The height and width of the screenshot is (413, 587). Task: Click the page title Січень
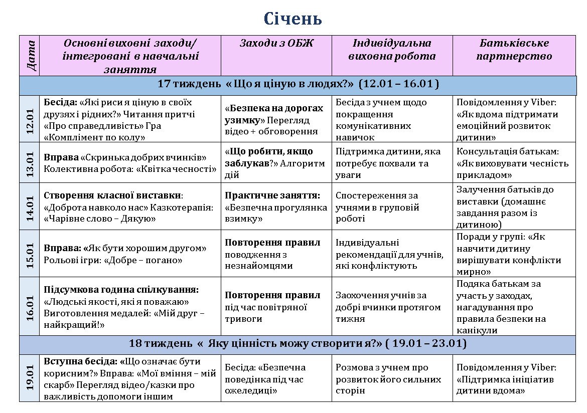coord(293,19)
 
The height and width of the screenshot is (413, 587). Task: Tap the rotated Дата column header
coord(30,55)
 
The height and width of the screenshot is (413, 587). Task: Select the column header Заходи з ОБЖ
coord(276,44)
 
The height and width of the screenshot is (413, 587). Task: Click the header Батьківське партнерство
coord(514,50)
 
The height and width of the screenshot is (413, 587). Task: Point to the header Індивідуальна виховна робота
coord(392,50)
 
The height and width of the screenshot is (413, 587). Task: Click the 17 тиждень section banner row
coord(298,84)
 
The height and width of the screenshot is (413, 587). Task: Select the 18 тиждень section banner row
coord(298,344)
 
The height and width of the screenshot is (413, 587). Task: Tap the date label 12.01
coord(30,119)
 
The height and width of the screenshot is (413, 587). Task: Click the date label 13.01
coord(30,162)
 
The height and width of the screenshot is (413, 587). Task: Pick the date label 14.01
coord(30,206)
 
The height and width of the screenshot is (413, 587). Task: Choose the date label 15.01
coord(30,253)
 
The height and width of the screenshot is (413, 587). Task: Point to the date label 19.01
coord(30,378)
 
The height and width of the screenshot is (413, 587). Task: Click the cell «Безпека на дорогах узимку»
coord(276,120)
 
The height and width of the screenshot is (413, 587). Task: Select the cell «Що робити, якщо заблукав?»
coord(276,163)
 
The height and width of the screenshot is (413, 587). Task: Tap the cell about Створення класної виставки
coord(130,207)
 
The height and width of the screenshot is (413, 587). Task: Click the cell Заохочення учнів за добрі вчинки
coord(392,307)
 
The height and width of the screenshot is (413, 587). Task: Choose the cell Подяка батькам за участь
coord(514,307)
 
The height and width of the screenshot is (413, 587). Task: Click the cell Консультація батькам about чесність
coord(514,163)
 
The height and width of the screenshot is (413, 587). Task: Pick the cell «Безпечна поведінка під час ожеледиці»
coord(276,379)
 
